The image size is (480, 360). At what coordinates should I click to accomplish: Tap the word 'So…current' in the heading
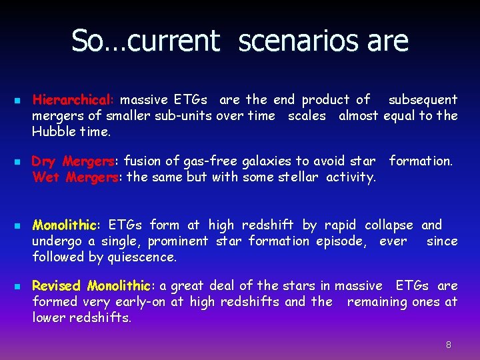pyautogui.click(x=145, y=41)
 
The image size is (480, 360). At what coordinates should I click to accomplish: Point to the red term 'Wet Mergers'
pyautogui.click(x=75, y=177)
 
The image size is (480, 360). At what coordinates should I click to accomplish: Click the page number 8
pyautogui.click(x=449, y=345)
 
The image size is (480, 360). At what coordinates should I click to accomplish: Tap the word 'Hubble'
pyautogui.click(x=52, y=131)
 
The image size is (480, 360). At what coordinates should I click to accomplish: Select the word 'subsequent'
pyautogui.click(x=423, y=100)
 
